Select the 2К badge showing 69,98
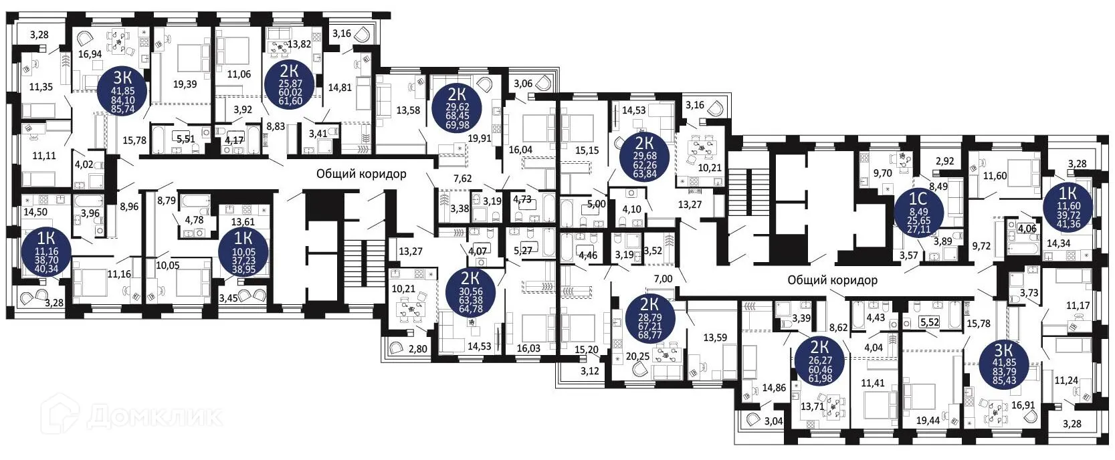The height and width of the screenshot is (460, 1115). [x=458, y=106]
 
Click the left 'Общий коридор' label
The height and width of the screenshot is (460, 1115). [x=361, y=175]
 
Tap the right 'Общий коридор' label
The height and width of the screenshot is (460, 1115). [x=832, y=280]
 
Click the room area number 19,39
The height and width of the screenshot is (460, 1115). [x=185, y=84]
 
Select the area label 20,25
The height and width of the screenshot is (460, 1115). [x=637, y=357]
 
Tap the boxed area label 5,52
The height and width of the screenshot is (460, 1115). [x=930, y=322]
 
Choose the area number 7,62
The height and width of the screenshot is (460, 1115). [x=462, y=179]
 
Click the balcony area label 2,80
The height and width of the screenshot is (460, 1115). [x=417, y=349]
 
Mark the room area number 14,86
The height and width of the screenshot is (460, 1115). [x=773, y=388]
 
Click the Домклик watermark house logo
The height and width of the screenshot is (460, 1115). [x=59, y=416]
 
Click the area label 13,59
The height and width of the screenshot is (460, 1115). [x=715, y=338]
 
